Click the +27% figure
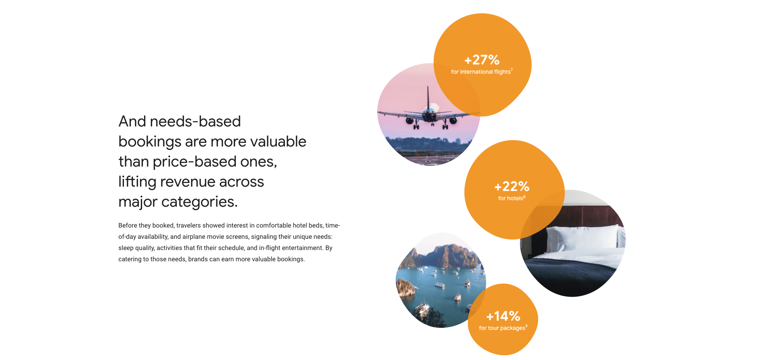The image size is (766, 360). coord(482,60)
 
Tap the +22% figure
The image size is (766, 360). coord(512,186)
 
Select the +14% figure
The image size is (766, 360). coord(503,316)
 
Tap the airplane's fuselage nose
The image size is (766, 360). coord(430,117)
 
